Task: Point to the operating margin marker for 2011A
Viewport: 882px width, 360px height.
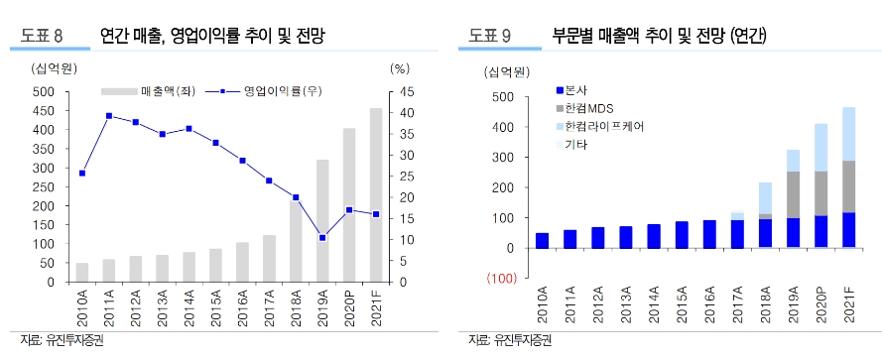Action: pyautogui.click(x=108, y=116)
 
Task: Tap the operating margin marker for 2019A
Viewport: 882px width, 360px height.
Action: pyautogui.click(x=322, y=238)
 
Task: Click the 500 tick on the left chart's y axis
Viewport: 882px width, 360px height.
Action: pyautogui.click(x=43, y=91)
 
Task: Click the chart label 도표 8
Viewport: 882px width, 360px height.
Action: pyautogui.click(x=43, y=37)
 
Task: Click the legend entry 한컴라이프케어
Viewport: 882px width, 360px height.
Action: pyautogui.click(x=605, y=127)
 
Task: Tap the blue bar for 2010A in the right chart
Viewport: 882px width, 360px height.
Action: pyautogui.click(x=543, y=240)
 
